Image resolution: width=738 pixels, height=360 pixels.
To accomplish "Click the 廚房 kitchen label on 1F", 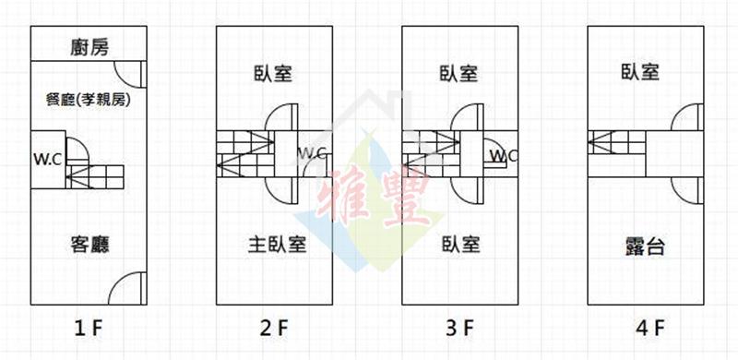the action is tap(89, 48).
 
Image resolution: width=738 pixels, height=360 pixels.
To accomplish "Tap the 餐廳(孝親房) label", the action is tap(88, 100).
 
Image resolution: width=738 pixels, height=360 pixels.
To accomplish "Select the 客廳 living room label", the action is tap(89, 245).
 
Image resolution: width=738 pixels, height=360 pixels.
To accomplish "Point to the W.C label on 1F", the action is tap(47, 160).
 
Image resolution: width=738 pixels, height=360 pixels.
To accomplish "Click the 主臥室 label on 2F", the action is tap(278, 245).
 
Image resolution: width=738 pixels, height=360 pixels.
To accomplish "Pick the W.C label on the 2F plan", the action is tap(312, 153).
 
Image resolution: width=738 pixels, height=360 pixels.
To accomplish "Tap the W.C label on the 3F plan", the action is tap(503, 155).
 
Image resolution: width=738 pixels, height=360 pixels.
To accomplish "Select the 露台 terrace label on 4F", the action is tap(645, 246).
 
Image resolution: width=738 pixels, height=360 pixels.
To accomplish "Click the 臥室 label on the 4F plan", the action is tap(640, 72).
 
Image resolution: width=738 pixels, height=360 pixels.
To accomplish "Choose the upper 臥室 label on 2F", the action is tap(273, 74).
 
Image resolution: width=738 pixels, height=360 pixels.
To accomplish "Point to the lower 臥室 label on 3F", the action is tap(460, 245).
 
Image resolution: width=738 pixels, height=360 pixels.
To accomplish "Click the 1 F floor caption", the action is tap(89, 329).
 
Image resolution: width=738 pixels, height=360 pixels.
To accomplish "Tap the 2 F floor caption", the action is tap(273, 329).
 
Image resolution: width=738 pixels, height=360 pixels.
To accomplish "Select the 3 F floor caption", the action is tap(459, 329).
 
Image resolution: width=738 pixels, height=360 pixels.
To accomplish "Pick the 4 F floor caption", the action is tap(649, 329).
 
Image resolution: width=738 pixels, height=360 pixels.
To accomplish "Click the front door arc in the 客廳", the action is tap(118, 282).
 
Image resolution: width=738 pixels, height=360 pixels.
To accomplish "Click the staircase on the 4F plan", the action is tap(616, 142).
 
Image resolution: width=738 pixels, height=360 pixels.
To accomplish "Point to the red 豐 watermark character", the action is tap(405, 197).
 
